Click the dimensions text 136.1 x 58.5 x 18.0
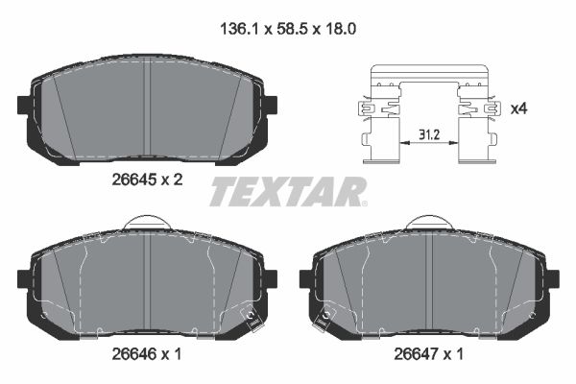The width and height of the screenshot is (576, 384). click(288, 29)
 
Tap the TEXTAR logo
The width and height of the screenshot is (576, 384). click(288, 192)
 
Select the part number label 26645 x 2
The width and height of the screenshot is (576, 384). click(147, 180)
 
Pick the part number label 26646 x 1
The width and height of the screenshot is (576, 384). click(147, 354)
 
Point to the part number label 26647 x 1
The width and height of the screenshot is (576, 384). click(429, 354)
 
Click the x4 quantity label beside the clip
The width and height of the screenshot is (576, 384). click(519, 108)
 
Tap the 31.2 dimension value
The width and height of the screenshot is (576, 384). click(429, 134)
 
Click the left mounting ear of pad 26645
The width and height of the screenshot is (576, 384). click(24, 106)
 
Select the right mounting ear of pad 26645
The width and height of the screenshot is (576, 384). click(271, 106)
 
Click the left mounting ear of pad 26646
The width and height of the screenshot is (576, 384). click(24, 279)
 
